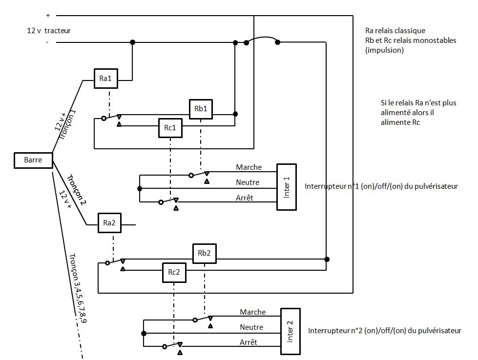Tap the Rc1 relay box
click(170, 129)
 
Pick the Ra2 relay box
click(109, 223)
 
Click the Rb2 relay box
click(205, 253)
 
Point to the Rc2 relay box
click(174, 273)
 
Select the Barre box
click(33, 160)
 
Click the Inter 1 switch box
click(287, 187)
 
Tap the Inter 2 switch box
click(290, 331)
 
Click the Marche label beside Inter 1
click(249, 167)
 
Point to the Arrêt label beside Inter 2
click(249, 342)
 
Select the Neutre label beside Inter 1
click(248, 182)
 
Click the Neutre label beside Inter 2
click(251, 327)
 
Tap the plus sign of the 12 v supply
click(48, 16)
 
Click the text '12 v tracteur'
click(49, 30)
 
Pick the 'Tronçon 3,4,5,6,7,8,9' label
click(78, 288)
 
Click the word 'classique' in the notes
click(410, 31)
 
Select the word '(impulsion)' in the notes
click(384, 50)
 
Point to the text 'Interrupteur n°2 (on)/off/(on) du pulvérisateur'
click(385, 331)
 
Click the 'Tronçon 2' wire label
click(76, 191)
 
